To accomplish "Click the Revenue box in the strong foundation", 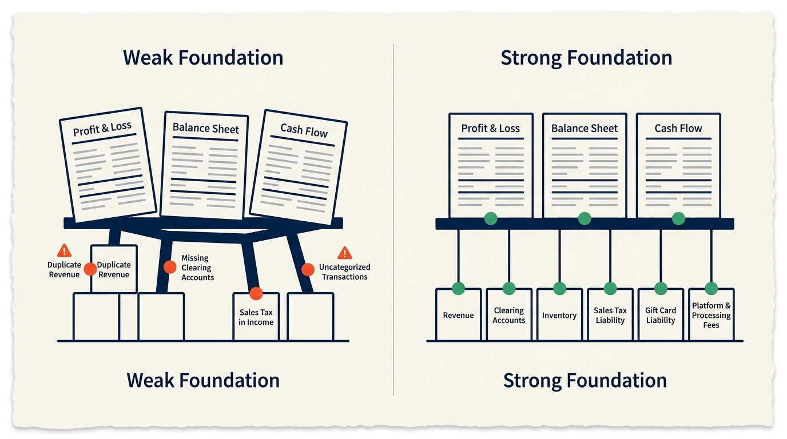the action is click(x=458, y=315).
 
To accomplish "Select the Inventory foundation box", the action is click(x=559, y=315).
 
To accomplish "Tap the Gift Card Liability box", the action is click(x=661, y=315).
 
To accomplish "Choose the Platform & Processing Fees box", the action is click(x=711, y=315).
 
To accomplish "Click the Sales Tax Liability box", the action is click(x=610, y=315).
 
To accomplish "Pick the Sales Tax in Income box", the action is click(x=256, y=317).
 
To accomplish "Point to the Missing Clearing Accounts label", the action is click(x=197, y=268).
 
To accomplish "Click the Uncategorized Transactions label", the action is click(x=344, y=272).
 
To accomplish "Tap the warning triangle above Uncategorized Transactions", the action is click(x=345, y=253).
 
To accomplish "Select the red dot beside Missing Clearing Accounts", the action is click(x=170, y=267).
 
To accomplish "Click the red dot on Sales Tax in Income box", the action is click(x=256, y=293).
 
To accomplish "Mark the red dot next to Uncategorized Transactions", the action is click(x=308, y=270).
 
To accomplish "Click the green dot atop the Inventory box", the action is click(x=559, y=288).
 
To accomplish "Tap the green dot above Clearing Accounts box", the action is click(x=508, y=288).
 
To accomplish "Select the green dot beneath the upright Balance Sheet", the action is click(x=585, y=218).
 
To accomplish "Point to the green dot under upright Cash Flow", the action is click(x=678, y=218).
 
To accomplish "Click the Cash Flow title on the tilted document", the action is click(x=304, y=130).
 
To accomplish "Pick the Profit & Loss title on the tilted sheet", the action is click(x=102, y=129).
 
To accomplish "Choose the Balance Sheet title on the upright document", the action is click(x=585, y=128).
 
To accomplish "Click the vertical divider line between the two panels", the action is click(x=393, y=219).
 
